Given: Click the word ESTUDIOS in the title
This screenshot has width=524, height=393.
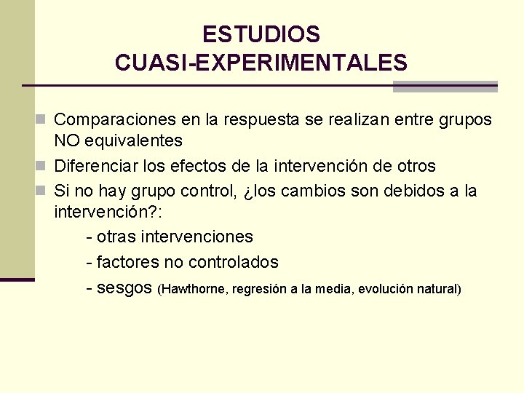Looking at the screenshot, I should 261,34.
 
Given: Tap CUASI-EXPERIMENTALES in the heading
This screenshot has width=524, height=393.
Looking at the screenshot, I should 261,63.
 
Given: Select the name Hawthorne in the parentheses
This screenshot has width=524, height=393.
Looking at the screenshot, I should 194,290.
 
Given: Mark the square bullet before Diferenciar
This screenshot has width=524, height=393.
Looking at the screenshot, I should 45,166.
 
